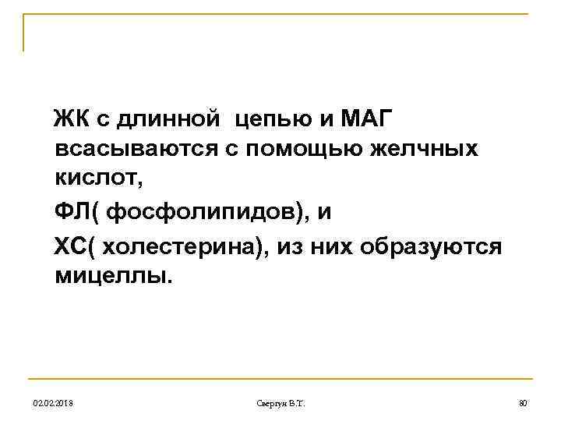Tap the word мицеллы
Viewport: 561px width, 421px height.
(111, 276)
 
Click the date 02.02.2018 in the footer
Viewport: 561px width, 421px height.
(54, 403)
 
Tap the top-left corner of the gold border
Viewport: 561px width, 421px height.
(24, 15)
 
